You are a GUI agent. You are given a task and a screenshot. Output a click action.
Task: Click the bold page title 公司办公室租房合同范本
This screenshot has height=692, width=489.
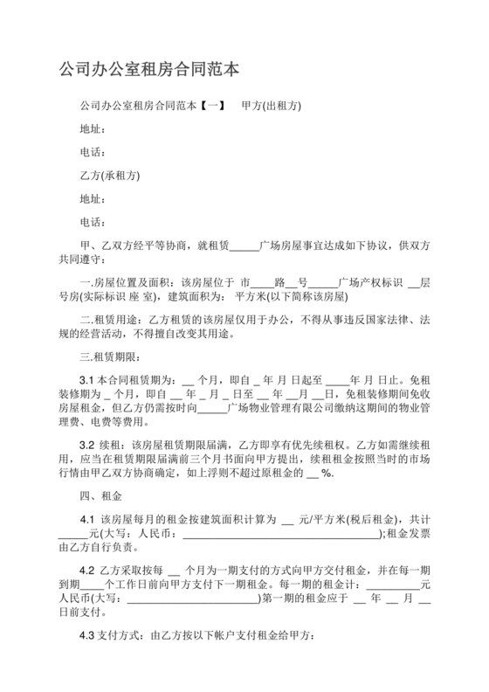pos(148,68)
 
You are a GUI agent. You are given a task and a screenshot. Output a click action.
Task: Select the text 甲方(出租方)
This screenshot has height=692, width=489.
pos(271,106)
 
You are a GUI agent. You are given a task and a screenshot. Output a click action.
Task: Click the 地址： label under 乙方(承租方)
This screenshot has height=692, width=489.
pos(92,197)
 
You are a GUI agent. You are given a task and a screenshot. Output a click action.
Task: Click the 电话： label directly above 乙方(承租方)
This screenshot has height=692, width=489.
pos(92,152)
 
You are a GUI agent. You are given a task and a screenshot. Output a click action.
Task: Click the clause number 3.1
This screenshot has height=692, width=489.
pos(87,380)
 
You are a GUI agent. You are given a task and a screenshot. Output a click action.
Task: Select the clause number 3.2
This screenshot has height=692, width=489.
pos(87,445)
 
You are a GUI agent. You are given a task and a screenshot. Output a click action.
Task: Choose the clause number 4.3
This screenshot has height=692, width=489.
pos(87,637)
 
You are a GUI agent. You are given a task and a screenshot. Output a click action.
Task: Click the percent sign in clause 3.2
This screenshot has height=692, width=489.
pos(327,473)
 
